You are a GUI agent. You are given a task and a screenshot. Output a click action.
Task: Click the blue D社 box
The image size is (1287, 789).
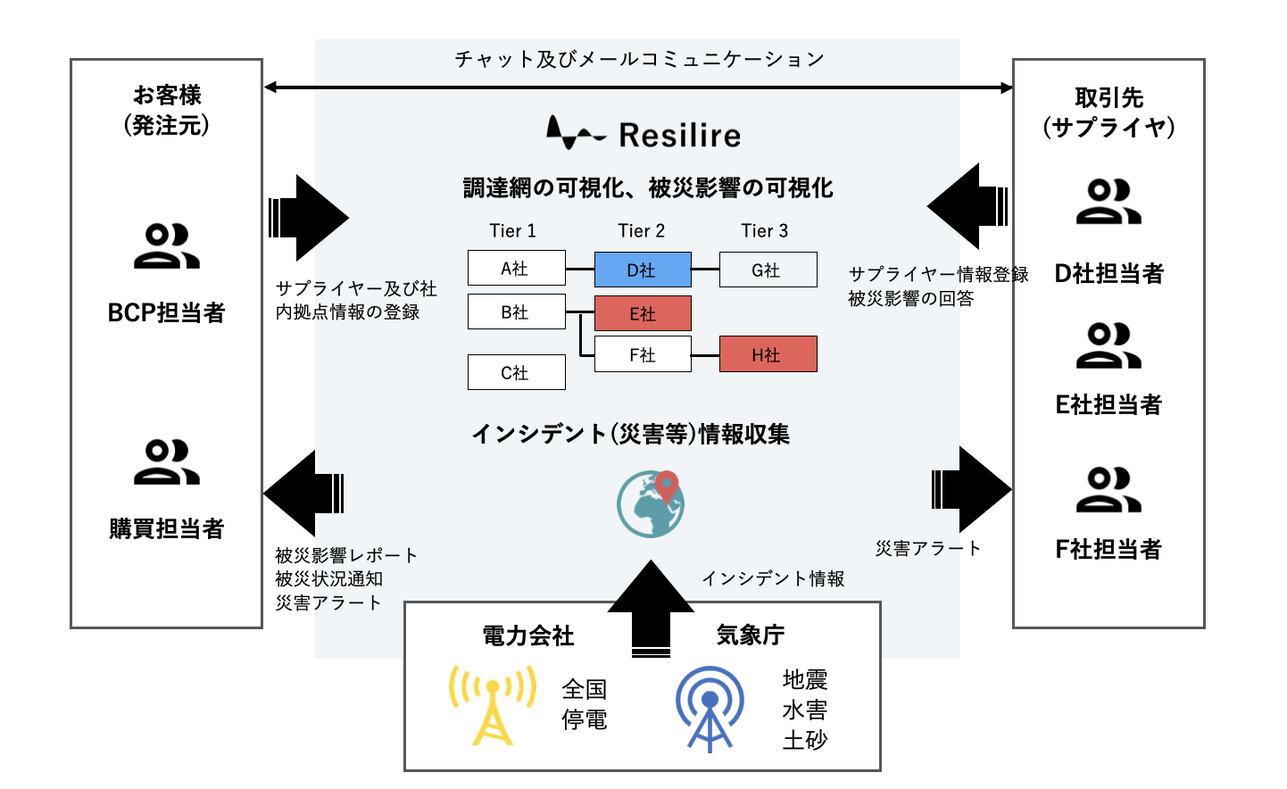642,270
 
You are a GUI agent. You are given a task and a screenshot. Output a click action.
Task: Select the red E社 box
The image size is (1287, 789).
642,313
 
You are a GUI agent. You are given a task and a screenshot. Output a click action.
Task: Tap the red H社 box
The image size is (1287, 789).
767,354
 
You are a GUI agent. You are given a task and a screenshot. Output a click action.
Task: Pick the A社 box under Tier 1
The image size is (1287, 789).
516,268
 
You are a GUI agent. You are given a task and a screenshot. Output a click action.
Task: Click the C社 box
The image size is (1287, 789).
516,372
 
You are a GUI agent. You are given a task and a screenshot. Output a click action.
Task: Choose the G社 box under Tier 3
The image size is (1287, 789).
767,270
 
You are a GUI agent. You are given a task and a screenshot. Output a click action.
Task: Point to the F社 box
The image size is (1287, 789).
642,354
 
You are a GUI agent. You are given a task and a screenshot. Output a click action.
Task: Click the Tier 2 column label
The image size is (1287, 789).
641,231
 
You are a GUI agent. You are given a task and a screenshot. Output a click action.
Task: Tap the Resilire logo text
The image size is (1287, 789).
679,136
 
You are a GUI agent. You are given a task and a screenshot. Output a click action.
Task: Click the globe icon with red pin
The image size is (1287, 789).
651,504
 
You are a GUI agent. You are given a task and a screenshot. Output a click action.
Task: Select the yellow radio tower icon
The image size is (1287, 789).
492,705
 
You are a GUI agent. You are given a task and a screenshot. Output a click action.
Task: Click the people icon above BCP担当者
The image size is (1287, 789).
166,246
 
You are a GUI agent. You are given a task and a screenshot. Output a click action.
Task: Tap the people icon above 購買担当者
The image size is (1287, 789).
166,461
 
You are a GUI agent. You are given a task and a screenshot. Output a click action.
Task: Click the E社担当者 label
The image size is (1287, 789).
1108,404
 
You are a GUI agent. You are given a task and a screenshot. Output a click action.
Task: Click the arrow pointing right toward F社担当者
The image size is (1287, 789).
972,488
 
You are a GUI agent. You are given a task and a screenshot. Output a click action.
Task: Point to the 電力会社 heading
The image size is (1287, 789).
527,635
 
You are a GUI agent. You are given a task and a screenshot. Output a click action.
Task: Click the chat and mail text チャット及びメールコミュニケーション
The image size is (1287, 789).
639,59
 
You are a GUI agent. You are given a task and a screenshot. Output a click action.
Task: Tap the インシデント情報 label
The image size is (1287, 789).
772,578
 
